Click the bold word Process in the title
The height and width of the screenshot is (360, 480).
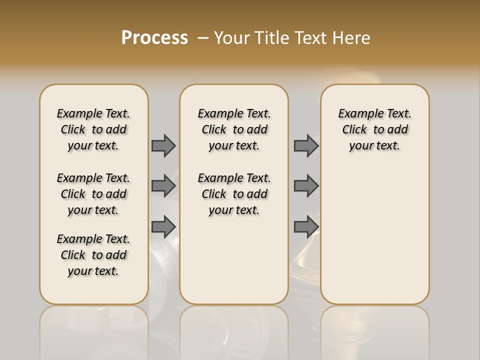(x=154, y=38)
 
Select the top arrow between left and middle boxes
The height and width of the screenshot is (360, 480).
(x=163, y=145)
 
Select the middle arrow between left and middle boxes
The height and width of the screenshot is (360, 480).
(x=163, y=186)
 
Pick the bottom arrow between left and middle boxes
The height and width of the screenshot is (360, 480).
(x=163, y=226)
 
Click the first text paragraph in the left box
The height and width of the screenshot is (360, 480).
(x=93, y=129)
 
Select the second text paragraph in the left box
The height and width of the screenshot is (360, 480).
(x=93, y=194)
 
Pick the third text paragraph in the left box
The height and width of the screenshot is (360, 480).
(x=93, y=255)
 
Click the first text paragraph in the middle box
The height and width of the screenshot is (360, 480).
(x=234, y=129)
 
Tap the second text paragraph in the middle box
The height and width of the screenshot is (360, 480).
(x=234, y=194)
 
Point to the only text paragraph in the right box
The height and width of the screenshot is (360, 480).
(x=375, y=129)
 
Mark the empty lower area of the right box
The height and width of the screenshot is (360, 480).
(x=375, y=230)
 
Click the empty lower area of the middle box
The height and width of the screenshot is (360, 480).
(x=234, y=260)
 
